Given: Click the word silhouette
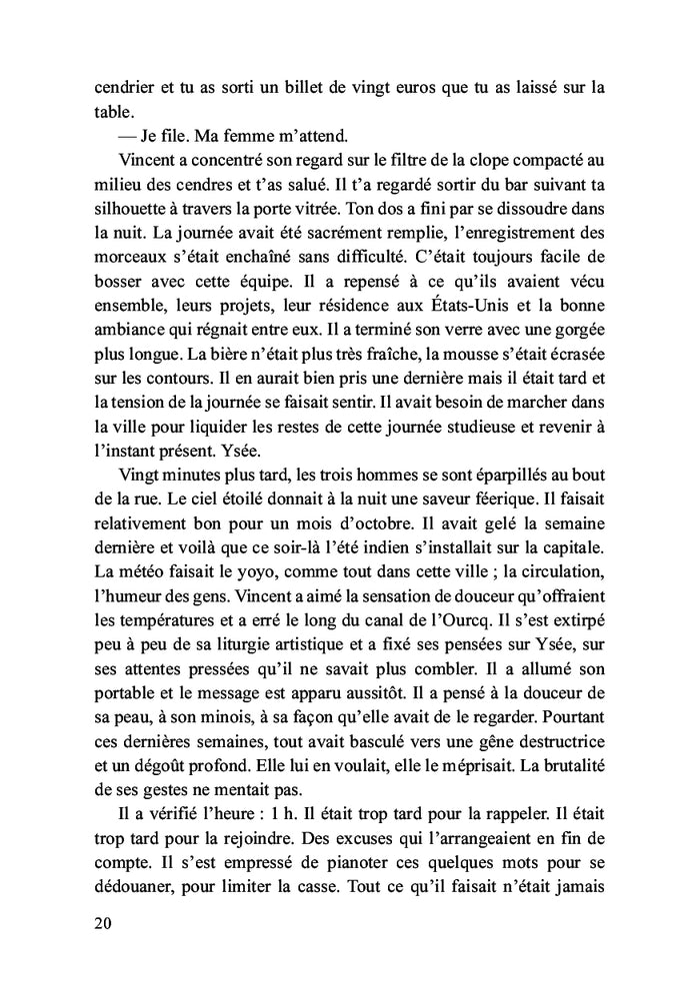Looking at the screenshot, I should point(126,217).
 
